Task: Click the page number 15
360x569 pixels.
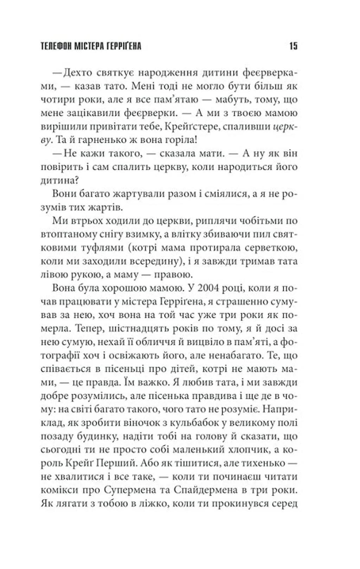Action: click(293, 46)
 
